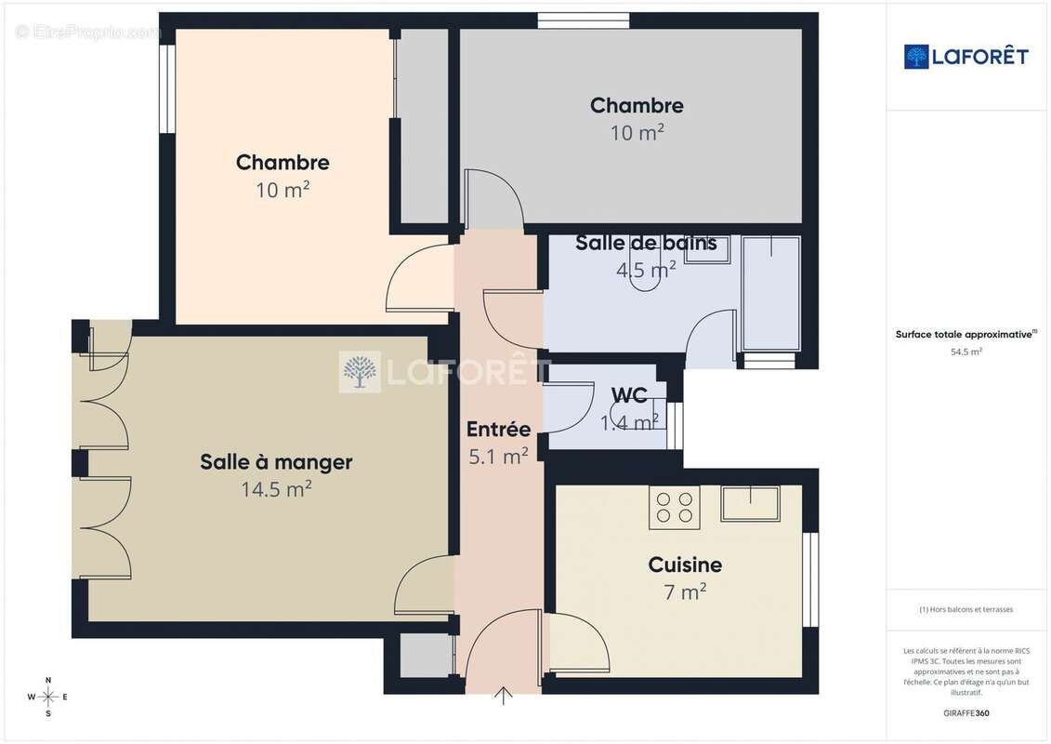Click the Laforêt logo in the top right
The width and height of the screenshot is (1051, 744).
point(966,57)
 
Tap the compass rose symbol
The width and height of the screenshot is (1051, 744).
point(48,696)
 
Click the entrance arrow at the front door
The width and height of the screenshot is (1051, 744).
point(504,696)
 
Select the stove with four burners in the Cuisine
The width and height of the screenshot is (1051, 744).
point(675,508)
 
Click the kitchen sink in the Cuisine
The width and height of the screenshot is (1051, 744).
point(750,503)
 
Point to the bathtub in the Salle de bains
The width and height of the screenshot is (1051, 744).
point(771,293)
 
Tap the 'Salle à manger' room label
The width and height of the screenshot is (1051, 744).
point(276,462)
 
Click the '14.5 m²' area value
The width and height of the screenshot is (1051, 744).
point(276,489)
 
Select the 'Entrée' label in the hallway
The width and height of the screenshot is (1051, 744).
point(498,429)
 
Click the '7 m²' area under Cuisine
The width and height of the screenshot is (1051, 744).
point(685,591)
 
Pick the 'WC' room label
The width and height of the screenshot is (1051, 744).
point(629,395)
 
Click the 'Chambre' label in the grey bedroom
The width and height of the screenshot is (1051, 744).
point(637,106)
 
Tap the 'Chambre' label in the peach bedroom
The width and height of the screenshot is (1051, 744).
point(282,163)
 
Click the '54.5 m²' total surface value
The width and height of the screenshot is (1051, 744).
point(966,352)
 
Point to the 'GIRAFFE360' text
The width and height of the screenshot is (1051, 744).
point(966,713)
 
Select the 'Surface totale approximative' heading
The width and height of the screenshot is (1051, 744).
point(965,334)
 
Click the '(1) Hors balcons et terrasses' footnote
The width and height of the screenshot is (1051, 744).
point(966,610)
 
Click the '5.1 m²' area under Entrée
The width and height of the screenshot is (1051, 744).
point(498,457)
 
